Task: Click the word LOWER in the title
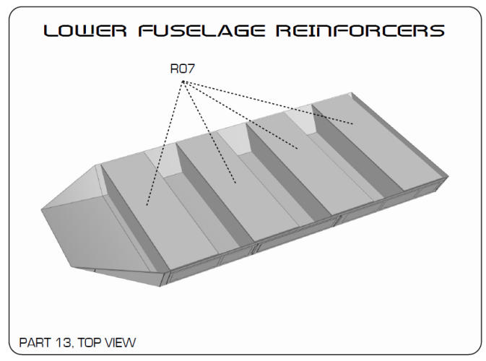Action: click(85, 30)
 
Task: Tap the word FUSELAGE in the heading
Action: click(201, 30)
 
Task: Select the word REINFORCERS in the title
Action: click(360, 30)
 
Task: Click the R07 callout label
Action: click(183, 69)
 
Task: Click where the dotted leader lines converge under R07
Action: click(183, 82)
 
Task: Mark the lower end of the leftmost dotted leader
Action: click(147, 205)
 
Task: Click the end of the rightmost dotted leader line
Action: click(352, 124)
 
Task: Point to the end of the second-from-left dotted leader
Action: click(236, 183)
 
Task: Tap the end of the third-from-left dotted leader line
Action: click(298, 149)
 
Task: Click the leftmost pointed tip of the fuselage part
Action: click(41, 210)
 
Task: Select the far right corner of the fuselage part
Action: click(448, 177)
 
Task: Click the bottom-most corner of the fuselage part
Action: click(160, 287)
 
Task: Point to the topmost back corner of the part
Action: click(352, 92)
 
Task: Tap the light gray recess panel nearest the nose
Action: click(164, 164)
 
